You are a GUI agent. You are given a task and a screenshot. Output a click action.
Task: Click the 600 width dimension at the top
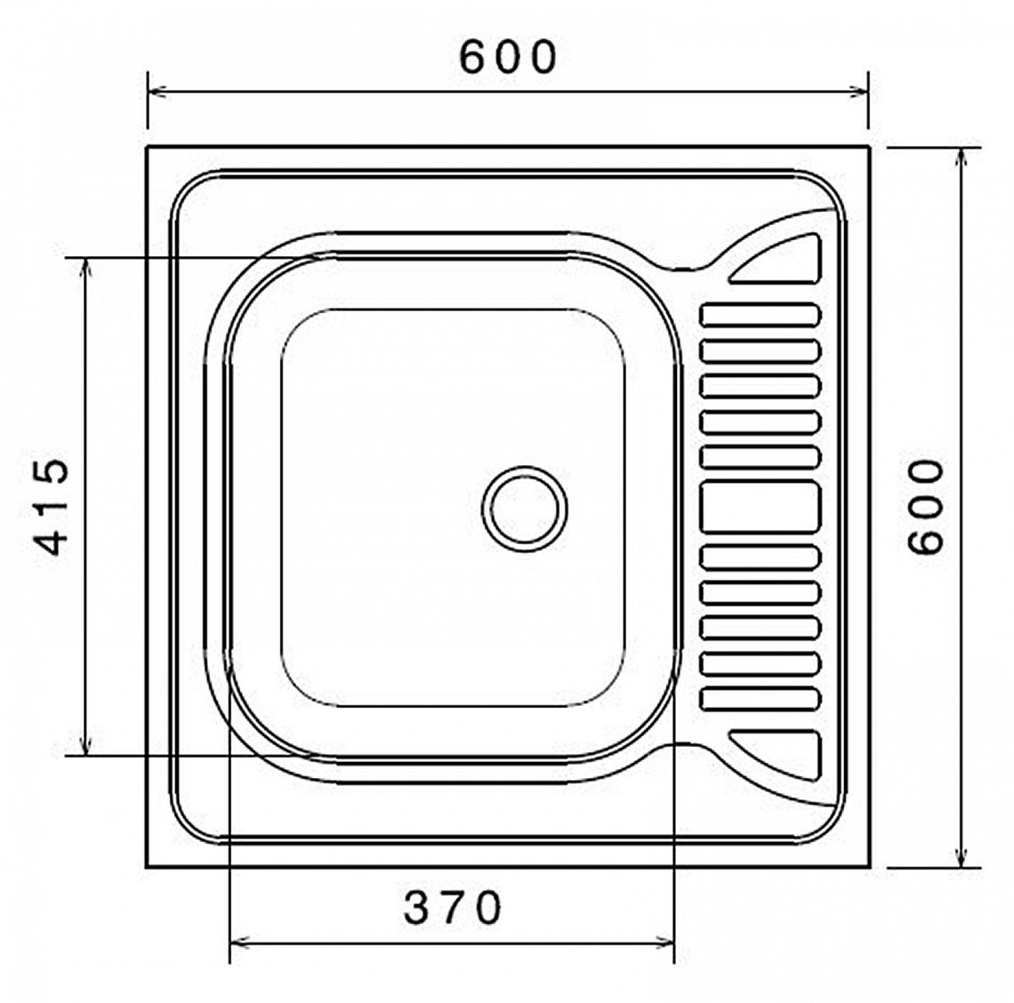[508, 57]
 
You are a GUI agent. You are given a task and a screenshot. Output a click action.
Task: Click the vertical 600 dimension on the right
[925, 506]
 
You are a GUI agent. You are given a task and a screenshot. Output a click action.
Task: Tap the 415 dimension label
[51, 506]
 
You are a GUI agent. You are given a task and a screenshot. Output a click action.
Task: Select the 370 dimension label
[452, 908]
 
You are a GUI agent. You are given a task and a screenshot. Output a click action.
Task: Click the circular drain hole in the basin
[525, 509]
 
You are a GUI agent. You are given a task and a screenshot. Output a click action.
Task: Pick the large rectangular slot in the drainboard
[760, 507]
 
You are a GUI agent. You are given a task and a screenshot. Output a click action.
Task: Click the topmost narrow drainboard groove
[760, 314]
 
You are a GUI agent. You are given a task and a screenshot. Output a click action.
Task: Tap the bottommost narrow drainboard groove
[760, 699]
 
